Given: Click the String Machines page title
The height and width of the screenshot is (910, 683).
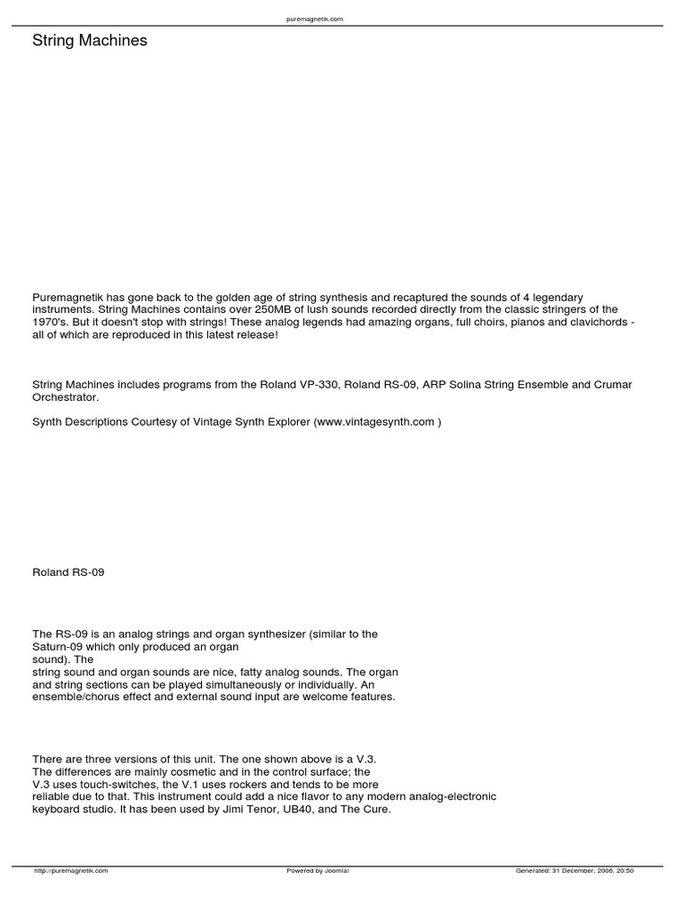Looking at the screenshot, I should (90, 41).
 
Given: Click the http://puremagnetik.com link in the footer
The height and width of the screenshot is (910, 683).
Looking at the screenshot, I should (71, 871).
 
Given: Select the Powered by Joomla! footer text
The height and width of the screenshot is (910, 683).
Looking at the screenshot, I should (317, 871).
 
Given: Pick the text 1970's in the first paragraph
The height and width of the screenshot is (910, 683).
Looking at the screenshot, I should (51, 322).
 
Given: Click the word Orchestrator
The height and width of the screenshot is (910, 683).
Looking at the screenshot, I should (64, 397).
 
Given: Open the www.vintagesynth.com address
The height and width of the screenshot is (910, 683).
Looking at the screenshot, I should (376, 422).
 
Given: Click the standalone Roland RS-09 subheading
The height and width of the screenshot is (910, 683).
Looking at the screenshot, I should (68, 572).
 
